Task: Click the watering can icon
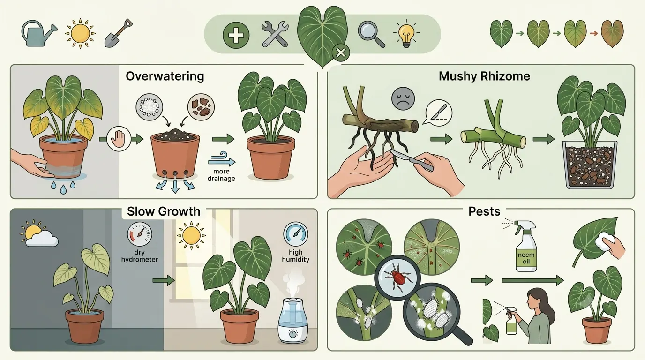click(x=38, y=33)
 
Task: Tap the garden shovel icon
click(x=118, y=33)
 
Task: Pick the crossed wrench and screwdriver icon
click(x=275, y=34)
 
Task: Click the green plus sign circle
click(x=236, y=35)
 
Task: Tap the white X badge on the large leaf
click(x=341, y=52)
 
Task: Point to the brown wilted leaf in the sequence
click(x=613, y=34)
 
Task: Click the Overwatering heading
click(x=165, y=76)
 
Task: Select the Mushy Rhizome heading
click(x=484, y=76)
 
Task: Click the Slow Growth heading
click(x=164, y=211)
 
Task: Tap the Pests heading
click(x=484, y=211)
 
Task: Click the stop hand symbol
click(x=119, y=139)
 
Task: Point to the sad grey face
click(x=403, y=98)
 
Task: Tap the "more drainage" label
click(x=221, y=175)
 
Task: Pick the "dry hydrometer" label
click(x=140, y=256)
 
